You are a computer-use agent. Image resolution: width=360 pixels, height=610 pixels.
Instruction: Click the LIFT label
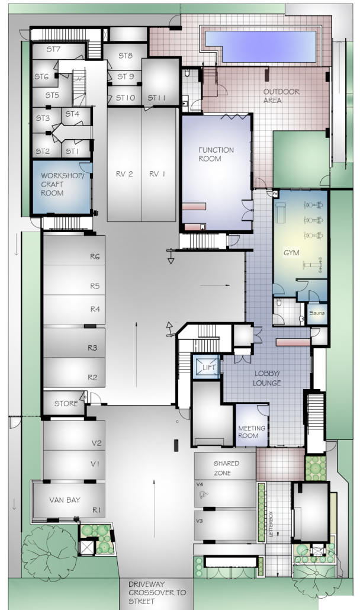[208, 368]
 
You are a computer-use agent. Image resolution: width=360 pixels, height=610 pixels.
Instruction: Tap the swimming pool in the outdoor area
[260, 46]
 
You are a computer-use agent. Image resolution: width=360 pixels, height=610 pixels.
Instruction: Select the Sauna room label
[316, 313]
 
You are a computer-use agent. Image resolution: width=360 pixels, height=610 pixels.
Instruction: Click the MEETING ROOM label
[252, 431]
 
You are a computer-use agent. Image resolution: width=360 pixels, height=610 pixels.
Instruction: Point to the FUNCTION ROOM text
[216, 154]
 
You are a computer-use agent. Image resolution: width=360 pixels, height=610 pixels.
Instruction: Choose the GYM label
[291, 253]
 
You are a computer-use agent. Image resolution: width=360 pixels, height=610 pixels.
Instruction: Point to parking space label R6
[94, 256]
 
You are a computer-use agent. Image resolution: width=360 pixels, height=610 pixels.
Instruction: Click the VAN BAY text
[65, 500]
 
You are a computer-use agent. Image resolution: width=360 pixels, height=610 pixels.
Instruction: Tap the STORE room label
[66, 404]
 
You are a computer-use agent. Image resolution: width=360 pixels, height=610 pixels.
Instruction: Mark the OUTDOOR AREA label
[281, 96]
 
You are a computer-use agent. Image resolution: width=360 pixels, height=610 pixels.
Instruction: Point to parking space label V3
[200, 521]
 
